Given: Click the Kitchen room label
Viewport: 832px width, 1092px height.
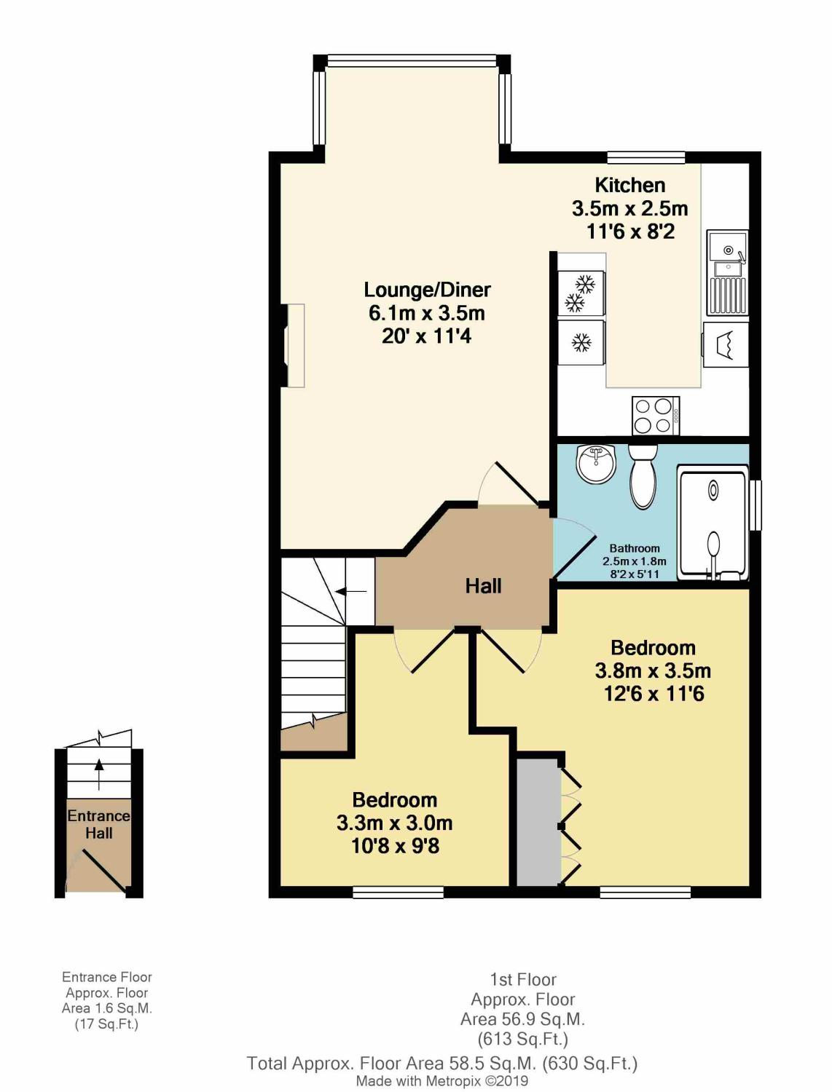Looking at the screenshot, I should click(x=629, y=186).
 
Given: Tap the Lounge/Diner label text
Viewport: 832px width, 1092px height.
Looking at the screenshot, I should click(x=427, y=290).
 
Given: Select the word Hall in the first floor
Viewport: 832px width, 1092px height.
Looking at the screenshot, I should click(x=483, y=586).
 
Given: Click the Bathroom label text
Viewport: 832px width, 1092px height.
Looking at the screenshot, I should click(x=635, y=548).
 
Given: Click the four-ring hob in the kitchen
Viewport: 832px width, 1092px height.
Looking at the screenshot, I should click(x=656, y=416).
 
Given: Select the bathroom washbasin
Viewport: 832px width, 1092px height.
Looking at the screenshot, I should click(x=595, y=463).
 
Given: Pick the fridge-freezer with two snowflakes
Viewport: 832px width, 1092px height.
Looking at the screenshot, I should click(x=581, y=293).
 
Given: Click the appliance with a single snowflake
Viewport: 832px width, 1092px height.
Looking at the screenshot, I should click(x=581, y=342).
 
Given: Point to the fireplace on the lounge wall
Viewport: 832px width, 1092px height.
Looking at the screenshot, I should click(x=294, y=346).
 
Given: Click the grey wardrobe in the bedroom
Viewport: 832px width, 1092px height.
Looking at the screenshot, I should click(x=538, y=822).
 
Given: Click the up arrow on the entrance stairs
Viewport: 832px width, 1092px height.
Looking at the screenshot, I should click(x=99, y=774).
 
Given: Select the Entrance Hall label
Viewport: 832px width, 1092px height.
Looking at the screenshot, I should click(x=98, y=824).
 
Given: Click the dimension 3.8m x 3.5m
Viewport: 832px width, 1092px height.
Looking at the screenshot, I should click(x=653, y=670).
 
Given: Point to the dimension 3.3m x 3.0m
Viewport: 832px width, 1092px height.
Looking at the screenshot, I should click(x=394, y=823).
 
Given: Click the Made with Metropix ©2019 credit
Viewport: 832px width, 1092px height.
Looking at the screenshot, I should click(x=441, y=1081).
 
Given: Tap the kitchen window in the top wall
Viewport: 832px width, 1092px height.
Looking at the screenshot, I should click(x=646, y=157).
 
